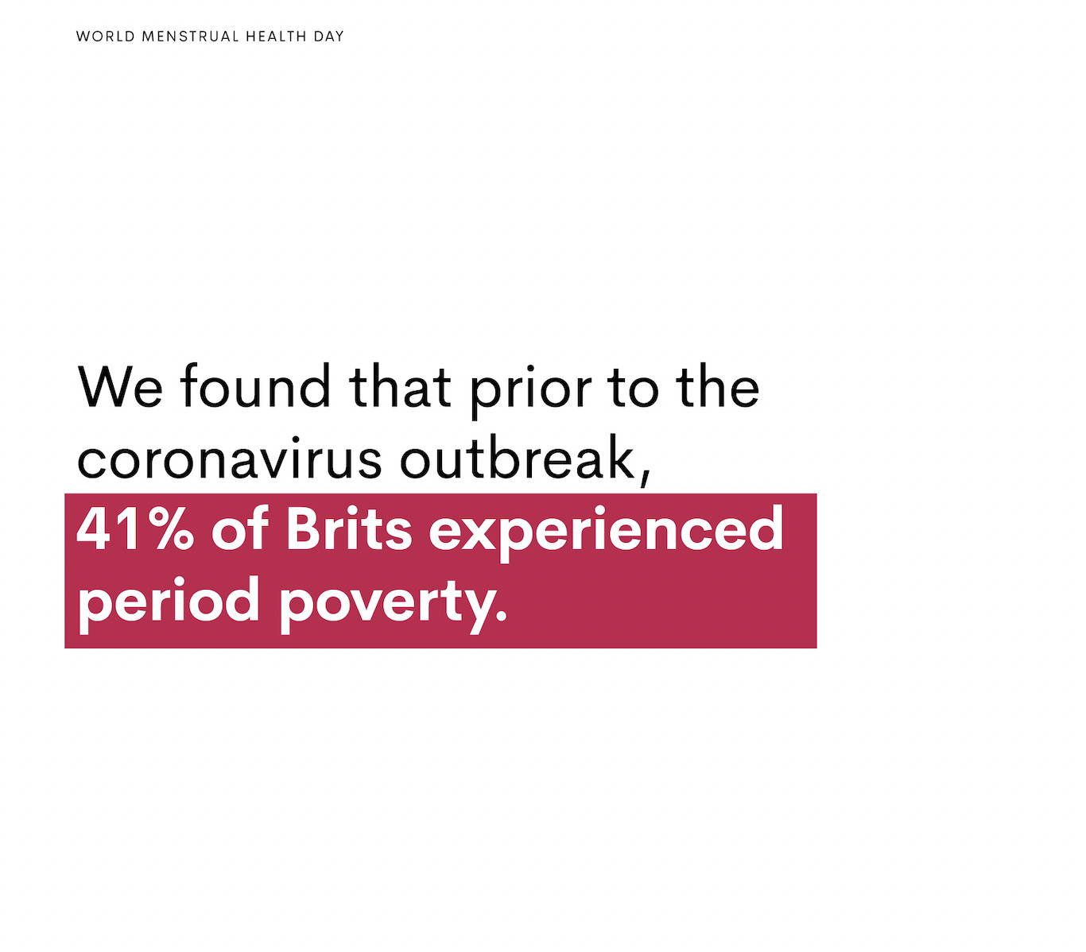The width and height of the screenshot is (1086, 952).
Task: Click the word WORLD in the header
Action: click(105, 37)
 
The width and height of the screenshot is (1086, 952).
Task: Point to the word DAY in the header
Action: click(328, 37)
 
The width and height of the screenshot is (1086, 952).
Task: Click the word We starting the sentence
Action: click(120, 386)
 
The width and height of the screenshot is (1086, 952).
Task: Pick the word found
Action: click(255, 385)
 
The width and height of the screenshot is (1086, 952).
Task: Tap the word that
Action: click(400, 385)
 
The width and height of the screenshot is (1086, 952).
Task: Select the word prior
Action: click(531, 391)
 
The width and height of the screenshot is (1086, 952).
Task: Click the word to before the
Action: click(633, 388)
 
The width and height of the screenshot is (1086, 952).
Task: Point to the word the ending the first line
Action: click(718, 385)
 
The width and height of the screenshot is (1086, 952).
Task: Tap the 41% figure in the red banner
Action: click(135, 528)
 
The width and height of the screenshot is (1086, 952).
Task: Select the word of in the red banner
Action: click(239, 527)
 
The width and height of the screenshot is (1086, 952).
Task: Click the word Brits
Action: click(349, 527)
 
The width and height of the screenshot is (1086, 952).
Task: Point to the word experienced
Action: click(606, 533)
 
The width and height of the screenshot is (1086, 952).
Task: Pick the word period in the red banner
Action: click(169, 606)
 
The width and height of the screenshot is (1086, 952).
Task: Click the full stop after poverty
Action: click(501, 616)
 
